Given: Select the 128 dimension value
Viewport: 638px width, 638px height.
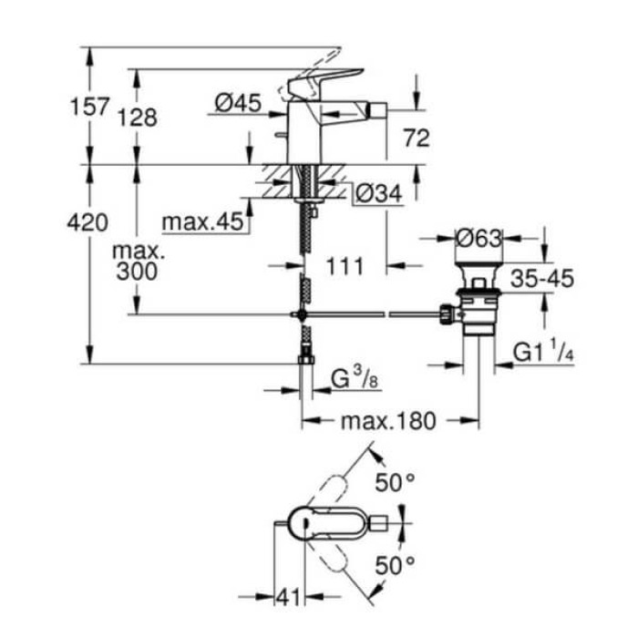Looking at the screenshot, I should [x=137, y=117].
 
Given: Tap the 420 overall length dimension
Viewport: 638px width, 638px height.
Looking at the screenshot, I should [x=89, y=221].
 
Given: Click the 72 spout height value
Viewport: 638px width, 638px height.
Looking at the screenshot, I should [x=416, y=139].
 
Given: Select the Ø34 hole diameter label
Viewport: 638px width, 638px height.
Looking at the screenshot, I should [x=376, y=193].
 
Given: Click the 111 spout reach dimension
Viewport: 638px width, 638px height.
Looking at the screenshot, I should [x=345, y=266].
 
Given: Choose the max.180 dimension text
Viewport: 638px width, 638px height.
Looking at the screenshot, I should [x=390, y=421].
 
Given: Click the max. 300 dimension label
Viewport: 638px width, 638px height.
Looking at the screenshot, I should [x=135, y=261].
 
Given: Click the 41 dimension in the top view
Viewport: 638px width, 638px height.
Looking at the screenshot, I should [x=289, y=597].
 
